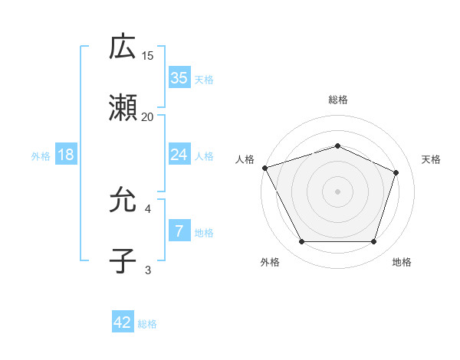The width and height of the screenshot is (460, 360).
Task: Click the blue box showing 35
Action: coord(179,77)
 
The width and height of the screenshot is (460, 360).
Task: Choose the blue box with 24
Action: coord(179,155)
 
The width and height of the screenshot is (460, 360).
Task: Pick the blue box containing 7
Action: coord(179,231)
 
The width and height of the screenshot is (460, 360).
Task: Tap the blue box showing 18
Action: coord(66,155)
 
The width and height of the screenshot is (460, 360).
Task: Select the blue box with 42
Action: coord(122,322)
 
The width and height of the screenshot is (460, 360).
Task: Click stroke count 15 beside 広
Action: coord(148,56)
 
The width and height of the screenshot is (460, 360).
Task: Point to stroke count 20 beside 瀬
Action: coord(148,117)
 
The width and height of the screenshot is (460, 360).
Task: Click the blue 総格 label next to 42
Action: coord(147,324)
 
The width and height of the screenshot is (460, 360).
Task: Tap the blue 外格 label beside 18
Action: coord(41,156)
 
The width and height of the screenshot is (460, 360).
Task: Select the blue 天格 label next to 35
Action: coord(204,79)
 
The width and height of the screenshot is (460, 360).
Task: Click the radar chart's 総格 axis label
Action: coord(337,100)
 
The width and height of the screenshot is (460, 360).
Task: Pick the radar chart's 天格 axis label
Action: coord(432,159)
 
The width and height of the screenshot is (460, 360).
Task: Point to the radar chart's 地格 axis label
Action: coord(402,262)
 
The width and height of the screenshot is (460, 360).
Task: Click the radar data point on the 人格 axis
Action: coord(264,168)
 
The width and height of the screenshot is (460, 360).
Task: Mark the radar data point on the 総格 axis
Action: coord(337,146)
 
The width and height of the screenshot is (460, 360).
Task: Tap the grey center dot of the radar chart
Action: coord(337,191)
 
